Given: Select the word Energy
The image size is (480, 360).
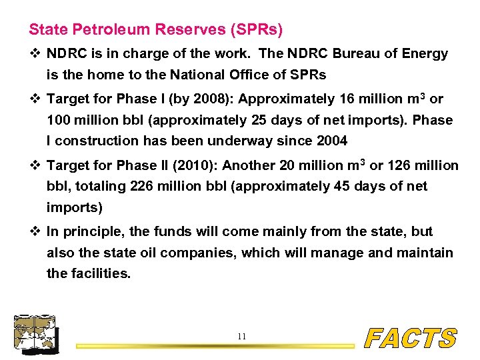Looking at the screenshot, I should point(423,54).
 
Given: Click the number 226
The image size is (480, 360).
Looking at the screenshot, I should point(143,187).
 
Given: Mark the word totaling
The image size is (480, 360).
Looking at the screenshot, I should point(99,187).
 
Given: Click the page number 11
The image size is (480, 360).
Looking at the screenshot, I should point(241,337).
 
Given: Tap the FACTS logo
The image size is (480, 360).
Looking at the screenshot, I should point(411,339).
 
